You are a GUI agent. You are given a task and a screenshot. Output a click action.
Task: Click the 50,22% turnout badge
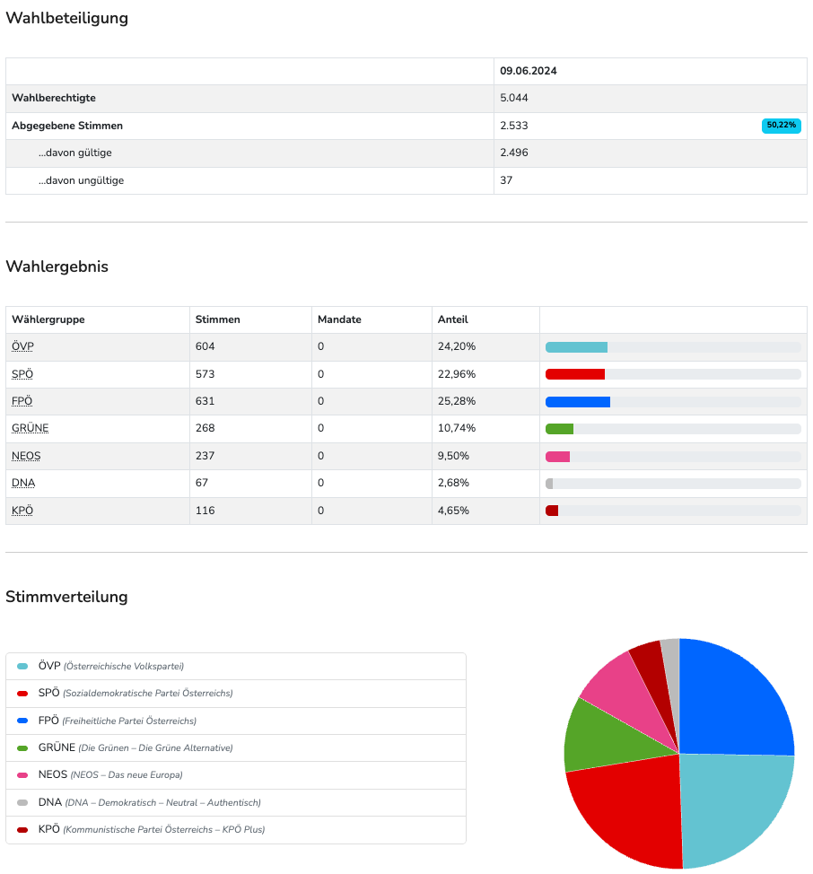click(x=781, y=126)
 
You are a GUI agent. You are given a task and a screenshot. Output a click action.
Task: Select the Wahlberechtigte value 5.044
click(x=515, y=98)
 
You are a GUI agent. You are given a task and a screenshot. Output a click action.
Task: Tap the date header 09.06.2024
click(x=529, y=71)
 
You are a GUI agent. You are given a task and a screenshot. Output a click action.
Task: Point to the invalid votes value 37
click(x=506, y=180)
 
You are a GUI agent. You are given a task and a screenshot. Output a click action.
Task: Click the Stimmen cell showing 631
click(x=205, y=401)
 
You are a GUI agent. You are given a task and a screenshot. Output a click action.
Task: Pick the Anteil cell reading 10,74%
click(x=457, y=428)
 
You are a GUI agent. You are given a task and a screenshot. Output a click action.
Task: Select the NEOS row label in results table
click(x=26, y=456)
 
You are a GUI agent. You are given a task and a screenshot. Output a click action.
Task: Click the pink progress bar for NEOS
click(x=558, y=457)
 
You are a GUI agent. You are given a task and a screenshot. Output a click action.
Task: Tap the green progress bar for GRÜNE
click(x=560, y=429)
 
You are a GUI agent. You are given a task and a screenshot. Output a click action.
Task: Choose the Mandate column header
click(x=339, y=319)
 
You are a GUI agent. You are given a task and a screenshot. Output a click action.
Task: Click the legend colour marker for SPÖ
click(x=22, y=694)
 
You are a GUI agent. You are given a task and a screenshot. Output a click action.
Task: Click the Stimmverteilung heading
click(x=66, y=597)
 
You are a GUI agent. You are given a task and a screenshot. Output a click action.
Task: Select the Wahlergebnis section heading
click(x=57, y=267)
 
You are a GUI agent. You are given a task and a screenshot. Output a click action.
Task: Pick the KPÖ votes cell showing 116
click(x=205, y=511)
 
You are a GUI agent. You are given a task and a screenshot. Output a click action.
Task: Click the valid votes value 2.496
click(x=514, y=153)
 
